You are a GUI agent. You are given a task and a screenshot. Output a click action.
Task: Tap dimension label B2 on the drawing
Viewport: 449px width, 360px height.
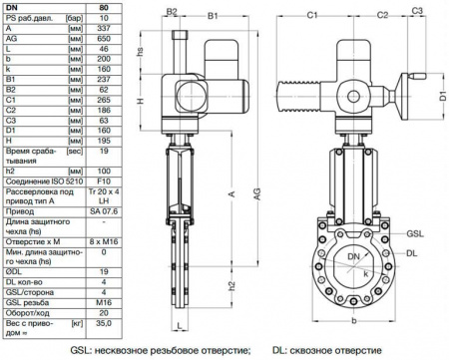(171, 13)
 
